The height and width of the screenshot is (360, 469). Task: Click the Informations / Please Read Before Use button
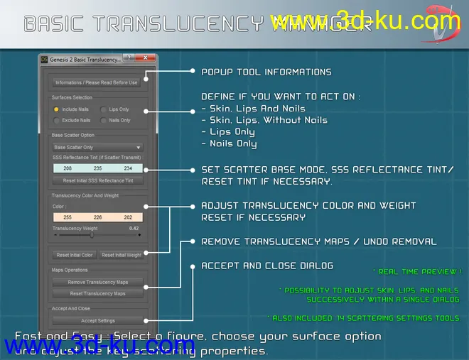click(x=97, y=82)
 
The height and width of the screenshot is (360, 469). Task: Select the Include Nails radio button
click(x=56, y=109)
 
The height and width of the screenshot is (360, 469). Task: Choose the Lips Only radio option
click(x=103, y=109)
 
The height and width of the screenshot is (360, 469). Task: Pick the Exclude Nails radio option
click(x=56, y=120)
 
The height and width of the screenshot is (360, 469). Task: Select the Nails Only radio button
click(x=103, y=120)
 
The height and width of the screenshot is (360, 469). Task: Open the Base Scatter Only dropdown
click(x=97, y=147)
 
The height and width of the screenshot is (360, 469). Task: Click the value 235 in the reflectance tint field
click(x=97, y=168)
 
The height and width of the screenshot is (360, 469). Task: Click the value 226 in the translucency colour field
click(x=97, y=217)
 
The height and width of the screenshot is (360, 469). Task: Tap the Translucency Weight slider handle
click(x=92, y=235)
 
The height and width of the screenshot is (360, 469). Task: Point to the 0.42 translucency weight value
click(x=134, y=229)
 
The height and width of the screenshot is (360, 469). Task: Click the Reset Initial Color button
click(x=75, y=255)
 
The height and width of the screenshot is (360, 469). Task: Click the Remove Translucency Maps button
click(x=97, y=283)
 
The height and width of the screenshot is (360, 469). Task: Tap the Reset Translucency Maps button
click(x=97, y=293)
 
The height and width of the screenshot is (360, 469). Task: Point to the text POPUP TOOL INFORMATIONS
click(x=266, y=72)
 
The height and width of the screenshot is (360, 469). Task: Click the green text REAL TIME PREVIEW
click(x=416, y=271)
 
